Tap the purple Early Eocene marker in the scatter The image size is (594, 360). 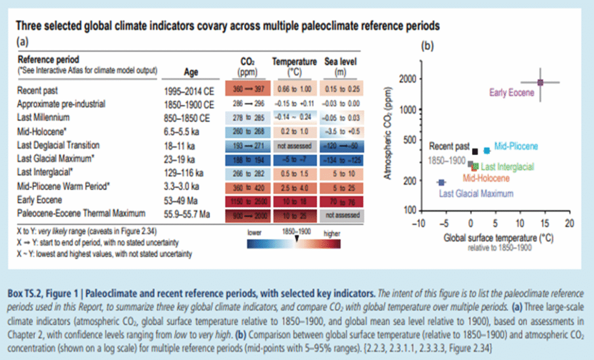[540, 83]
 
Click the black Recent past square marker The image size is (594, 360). [475, 151]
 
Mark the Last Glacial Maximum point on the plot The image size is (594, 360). [441, 183]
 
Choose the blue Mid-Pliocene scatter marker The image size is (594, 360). [487, 150]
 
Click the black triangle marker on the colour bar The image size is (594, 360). [296, 238]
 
